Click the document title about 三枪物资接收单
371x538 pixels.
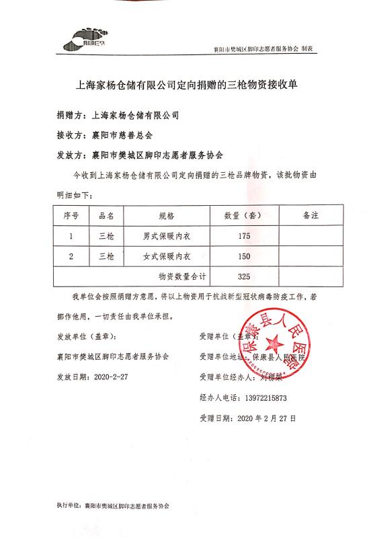click(x=185, y=85)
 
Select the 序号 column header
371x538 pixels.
click(x=71, y=216)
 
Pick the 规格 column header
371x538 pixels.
click(x=167, y=216)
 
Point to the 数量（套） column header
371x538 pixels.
click(x=244, y=216)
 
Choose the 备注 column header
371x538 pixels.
click(x=310, y=216)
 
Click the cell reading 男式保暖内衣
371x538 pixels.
click(x=167, y=236)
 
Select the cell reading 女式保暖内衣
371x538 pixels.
click(x=167, y=256)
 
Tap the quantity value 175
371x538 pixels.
click(x=244, y=236)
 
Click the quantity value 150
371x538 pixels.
click(x=244, y=256)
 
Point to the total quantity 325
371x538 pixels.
click(x=244, y=276)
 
